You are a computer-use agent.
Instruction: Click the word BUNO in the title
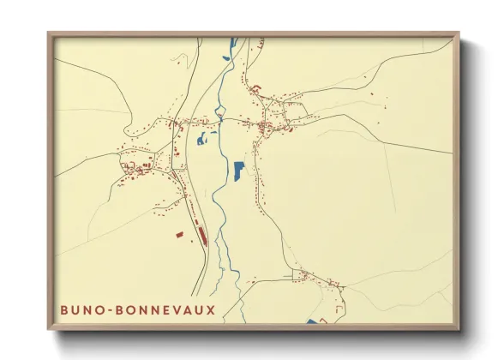(x=82, y=309)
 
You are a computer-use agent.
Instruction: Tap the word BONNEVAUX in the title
(x=169, y=309)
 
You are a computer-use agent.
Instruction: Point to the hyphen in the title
(x=114, y=309)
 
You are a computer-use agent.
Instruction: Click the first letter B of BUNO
(x=63, y=309)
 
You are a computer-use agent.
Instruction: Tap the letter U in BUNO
(x=76, y=309)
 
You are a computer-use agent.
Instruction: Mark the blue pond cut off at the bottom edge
(x=311, y=321)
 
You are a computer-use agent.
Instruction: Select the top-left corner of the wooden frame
(x=49, y=34)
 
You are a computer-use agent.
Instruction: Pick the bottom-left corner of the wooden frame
(x=49, y=328)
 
